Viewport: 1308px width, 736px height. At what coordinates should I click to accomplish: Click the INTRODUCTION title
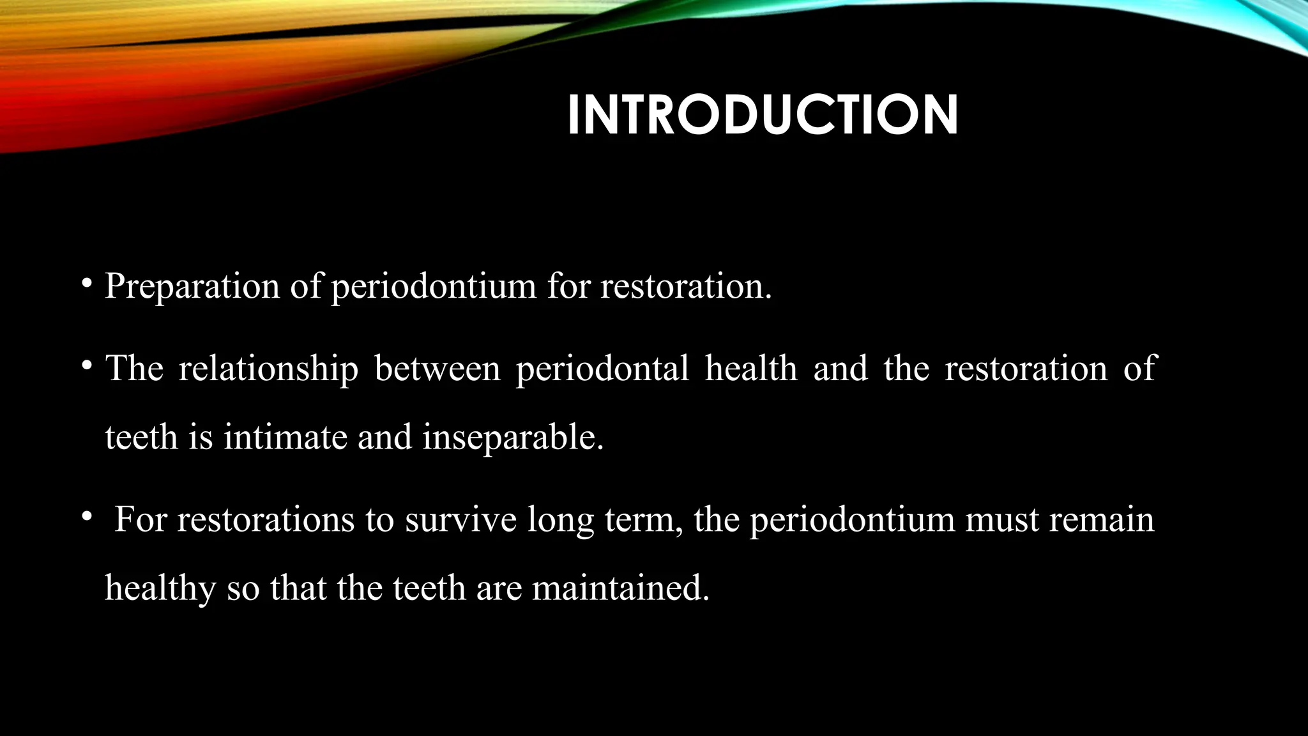tap(763, 116)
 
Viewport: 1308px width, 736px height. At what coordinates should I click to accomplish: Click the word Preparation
tap(192, 286)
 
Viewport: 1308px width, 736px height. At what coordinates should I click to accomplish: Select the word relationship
tap(268, 369)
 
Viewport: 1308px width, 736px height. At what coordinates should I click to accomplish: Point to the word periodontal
tap(602, 369)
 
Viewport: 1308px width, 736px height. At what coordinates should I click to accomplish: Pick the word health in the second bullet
tap(751, 369)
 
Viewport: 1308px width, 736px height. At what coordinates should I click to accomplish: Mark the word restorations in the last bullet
tap(266, 519)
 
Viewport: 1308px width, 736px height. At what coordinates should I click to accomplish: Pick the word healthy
tap(160, 588)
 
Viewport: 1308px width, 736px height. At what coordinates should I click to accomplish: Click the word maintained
tap(621, 588)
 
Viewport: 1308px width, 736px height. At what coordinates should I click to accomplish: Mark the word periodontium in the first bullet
tap(434, 286)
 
